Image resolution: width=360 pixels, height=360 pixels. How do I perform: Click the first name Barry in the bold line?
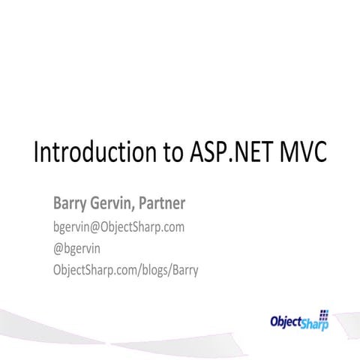click(69, 204)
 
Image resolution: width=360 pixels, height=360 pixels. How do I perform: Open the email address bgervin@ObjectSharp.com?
click(118, 226)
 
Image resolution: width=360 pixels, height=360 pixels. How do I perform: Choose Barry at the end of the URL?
click(184, 269)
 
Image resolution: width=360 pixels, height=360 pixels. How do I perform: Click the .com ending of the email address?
click(172, 226)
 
